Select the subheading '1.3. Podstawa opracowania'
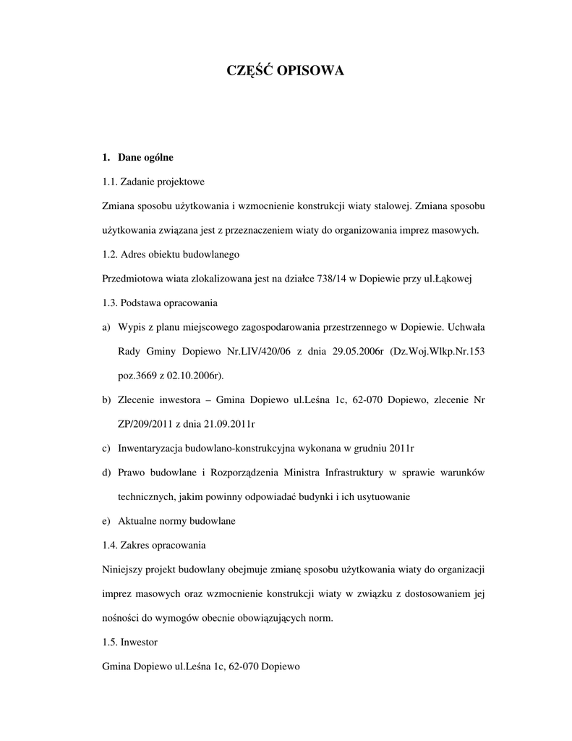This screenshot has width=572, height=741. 159,303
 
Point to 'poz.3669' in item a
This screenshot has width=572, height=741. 135,376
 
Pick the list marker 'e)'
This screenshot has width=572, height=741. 107,521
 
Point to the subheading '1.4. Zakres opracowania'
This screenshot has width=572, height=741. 154,546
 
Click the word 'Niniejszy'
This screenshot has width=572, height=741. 122,569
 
